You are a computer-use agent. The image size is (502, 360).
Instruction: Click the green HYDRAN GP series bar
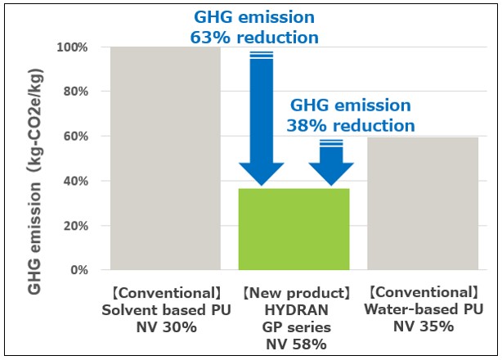point(294,229)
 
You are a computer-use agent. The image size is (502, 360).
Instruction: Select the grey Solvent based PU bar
point(165,158)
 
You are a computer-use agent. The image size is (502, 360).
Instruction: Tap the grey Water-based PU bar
point(423,204)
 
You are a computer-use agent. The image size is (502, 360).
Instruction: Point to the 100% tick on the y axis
point(72,47)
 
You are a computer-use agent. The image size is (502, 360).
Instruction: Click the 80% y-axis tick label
point(75,92)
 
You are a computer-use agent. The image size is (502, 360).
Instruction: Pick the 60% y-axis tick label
point(75,136)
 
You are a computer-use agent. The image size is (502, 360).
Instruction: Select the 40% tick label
point(75,181)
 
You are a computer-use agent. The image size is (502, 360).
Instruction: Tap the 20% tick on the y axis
point(75,226)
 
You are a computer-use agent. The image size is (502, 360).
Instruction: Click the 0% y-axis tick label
point(79,270)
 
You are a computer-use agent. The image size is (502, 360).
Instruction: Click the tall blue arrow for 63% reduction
point(262,119)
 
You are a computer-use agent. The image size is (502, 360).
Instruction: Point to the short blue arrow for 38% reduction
point(331,163)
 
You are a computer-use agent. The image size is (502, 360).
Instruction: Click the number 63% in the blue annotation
point(210,38)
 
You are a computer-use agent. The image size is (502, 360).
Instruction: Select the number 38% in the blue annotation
point(307,125)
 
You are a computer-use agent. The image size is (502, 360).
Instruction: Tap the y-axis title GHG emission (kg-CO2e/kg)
point(34,181)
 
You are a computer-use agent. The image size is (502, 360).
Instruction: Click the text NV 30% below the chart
point(167,327)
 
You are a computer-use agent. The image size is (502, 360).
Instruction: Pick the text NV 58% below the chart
point(297,344)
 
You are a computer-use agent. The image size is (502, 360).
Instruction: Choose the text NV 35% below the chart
point(424,326)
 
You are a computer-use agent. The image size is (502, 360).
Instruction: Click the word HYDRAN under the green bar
point(297,310)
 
